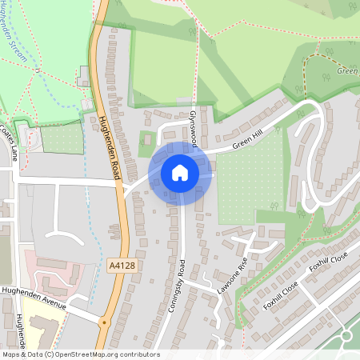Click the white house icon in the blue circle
click(180, 173)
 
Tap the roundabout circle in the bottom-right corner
click(347, 336)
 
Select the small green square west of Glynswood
click(146, 140)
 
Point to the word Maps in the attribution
click(11, 354)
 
